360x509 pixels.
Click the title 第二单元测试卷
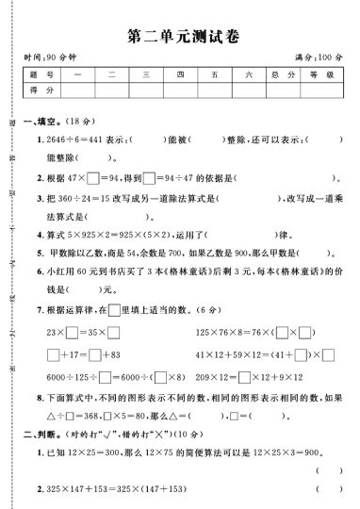[183, 37]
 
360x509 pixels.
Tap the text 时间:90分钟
[47, 58]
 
